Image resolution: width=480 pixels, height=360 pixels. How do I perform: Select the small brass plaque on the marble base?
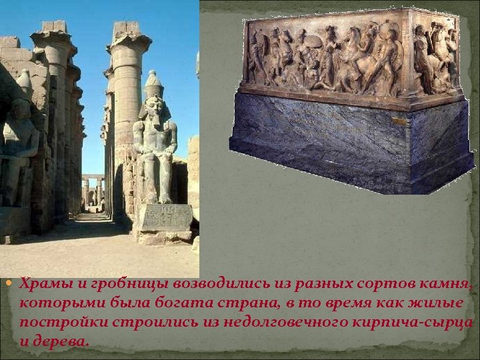click(x=398, y=121)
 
